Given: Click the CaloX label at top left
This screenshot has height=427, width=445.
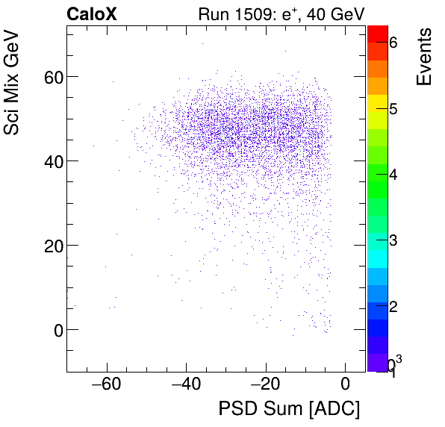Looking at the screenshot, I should [93, 13].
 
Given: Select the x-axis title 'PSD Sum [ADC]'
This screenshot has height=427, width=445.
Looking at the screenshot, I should [288, 409].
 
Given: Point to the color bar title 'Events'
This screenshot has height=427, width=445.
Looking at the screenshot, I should [423, 57].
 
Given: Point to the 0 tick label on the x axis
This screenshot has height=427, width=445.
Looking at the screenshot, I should [345, 385].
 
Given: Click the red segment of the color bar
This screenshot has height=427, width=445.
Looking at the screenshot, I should [377, 33].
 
